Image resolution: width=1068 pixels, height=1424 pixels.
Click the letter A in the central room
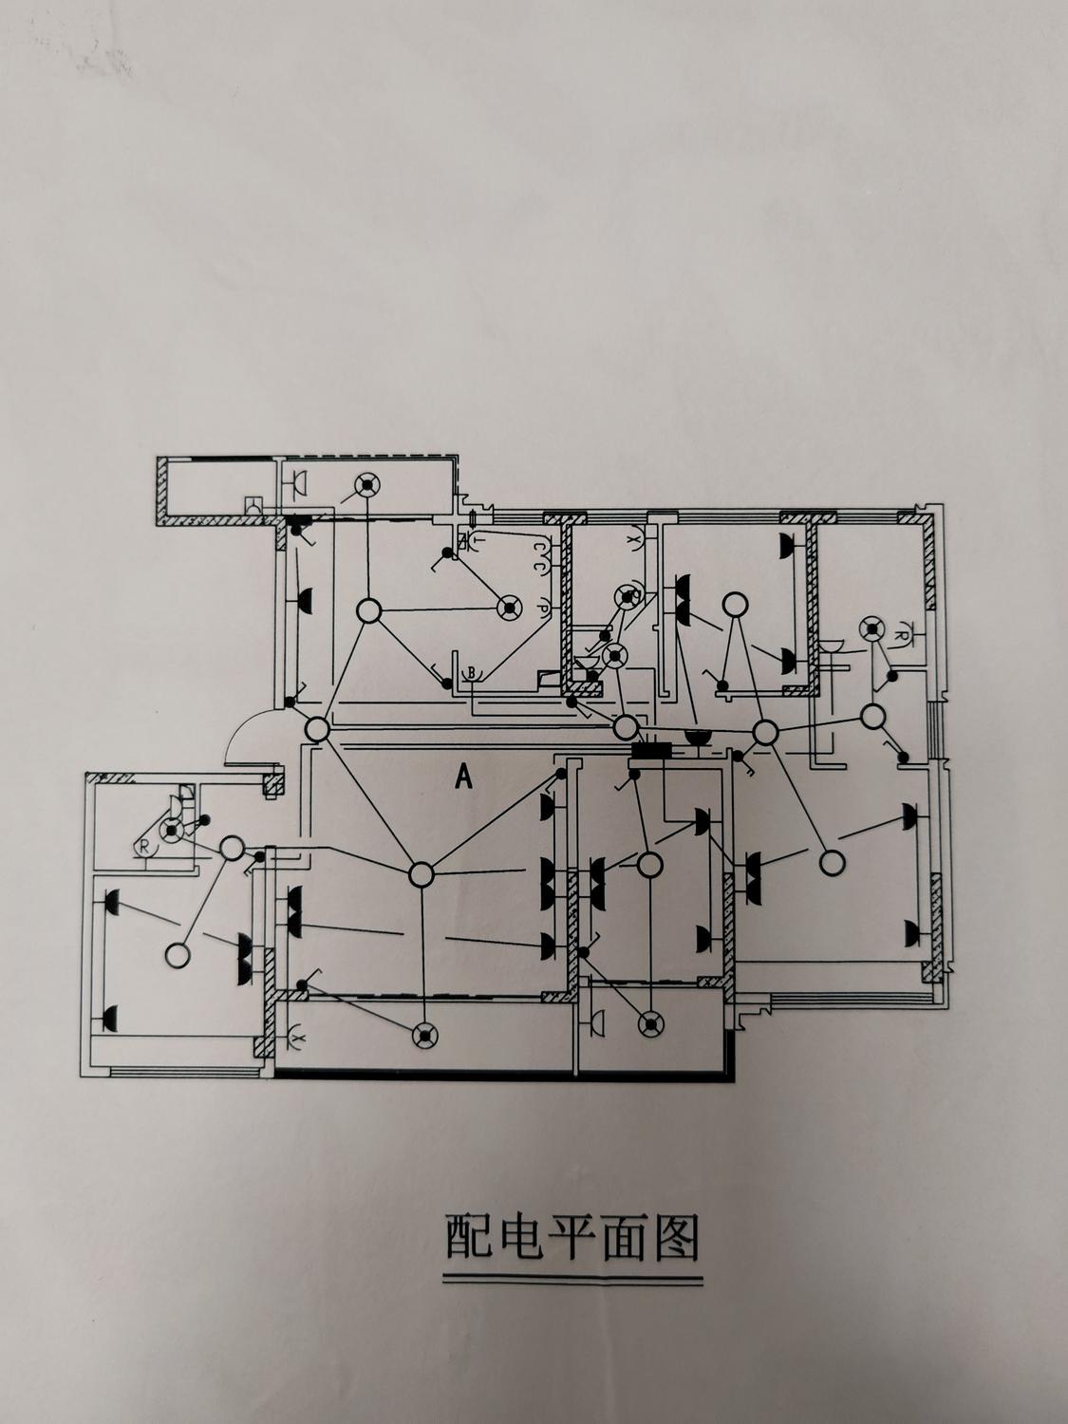(463, 778)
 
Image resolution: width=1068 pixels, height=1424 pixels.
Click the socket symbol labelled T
(464, 541)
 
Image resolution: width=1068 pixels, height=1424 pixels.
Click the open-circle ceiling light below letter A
(421, 873)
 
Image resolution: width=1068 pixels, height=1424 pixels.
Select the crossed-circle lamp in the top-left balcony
(365, 486)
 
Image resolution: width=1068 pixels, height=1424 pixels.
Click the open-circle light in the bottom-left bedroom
(177, 954)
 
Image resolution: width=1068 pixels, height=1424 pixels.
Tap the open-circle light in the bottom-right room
(832, 863)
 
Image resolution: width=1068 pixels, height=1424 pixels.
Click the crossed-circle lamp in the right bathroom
(871, 628)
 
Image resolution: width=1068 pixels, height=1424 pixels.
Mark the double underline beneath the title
(573, 1281)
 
